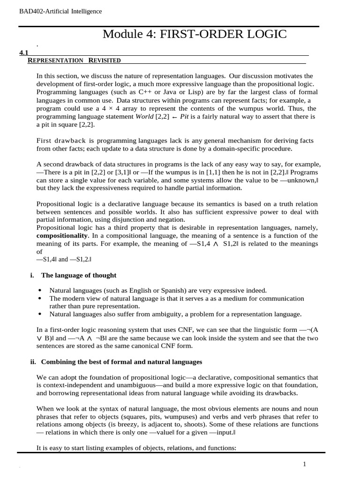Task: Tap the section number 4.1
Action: pos(24,53)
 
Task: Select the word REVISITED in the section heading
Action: pos(104,60)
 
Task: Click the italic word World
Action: pos(144,116)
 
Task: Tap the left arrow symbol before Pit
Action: pos(173,116)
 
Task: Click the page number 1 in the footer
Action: pos(305,464)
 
